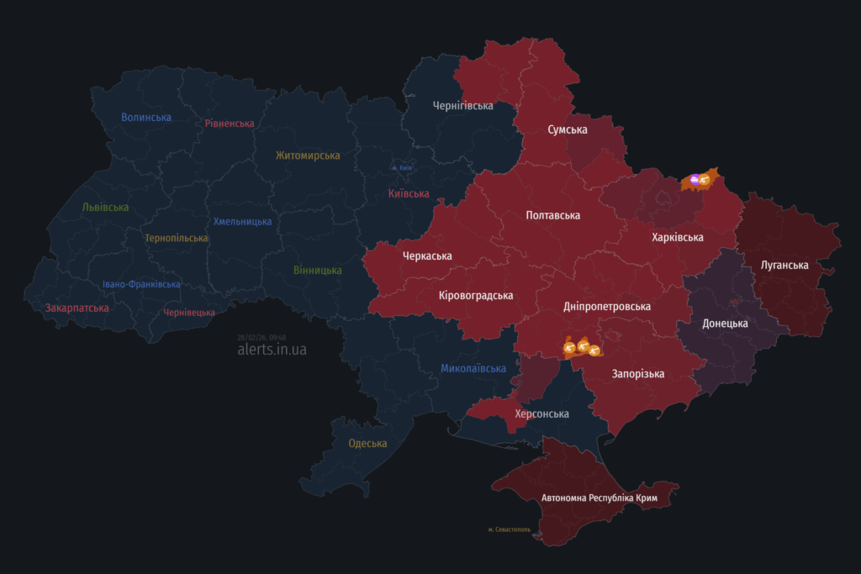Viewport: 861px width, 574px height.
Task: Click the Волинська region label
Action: (146, 118)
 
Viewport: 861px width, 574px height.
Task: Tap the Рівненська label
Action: (230, 124)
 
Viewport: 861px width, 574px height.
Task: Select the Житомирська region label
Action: (308, 155)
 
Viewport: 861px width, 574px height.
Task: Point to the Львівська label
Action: (106, 207)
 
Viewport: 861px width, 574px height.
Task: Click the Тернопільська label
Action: (176, 238)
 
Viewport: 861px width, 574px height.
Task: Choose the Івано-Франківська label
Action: (141, 284)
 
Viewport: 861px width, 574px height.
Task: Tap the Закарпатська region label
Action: (77, 308)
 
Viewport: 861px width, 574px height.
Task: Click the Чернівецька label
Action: (189, 312)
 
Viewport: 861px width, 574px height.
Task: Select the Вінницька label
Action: (318, 271)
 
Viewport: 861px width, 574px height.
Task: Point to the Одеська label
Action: (367, 443)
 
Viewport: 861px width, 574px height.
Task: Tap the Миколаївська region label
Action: (473, 368)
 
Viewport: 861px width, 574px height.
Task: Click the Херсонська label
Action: (541, 413)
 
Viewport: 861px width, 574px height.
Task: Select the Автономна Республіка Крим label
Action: (600, 498)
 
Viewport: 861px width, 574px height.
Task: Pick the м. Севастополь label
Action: (509, 529)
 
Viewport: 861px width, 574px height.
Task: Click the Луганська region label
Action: (784, 265)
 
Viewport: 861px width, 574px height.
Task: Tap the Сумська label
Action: (568, 129)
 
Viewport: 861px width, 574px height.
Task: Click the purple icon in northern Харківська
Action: (695, 178)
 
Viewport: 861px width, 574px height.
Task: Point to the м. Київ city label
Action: (401, 167)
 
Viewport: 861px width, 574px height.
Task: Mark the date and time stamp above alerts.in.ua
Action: (261, 337)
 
